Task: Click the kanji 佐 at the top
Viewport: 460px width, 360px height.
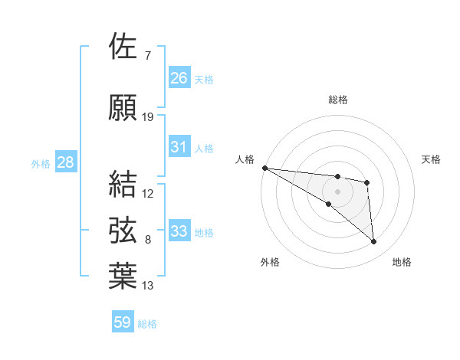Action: [124, 47]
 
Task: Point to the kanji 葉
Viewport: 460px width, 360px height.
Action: [124, 277]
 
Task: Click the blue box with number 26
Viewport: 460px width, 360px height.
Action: [179, 77]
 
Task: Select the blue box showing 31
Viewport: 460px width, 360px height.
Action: [179, 147]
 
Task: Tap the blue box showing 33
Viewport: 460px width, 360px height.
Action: [179, 231]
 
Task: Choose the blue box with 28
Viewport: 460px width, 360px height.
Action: [65, 162]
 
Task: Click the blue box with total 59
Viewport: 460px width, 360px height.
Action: [123, 322]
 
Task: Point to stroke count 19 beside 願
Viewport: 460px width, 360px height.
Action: [148, 116]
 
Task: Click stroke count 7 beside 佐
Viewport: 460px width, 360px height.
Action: [147, 56]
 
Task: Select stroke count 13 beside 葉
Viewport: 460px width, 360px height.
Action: [148, 286]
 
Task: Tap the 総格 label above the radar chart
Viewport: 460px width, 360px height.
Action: [337, 100]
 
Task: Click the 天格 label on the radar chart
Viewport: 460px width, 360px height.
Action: [431, 159]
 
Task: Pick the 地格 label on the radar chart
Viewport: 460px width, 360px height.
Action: [402, 262]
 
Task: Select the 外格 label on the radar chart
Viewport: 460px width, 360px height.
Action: [270, 262]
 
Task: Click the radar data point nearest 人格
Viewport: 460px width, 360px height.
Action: [264, 168]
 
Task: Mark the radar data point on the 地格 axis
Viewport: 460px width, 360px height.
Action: [373, 242]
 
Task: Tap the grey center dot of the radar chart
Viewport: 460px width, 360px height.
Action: [337, 191]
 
